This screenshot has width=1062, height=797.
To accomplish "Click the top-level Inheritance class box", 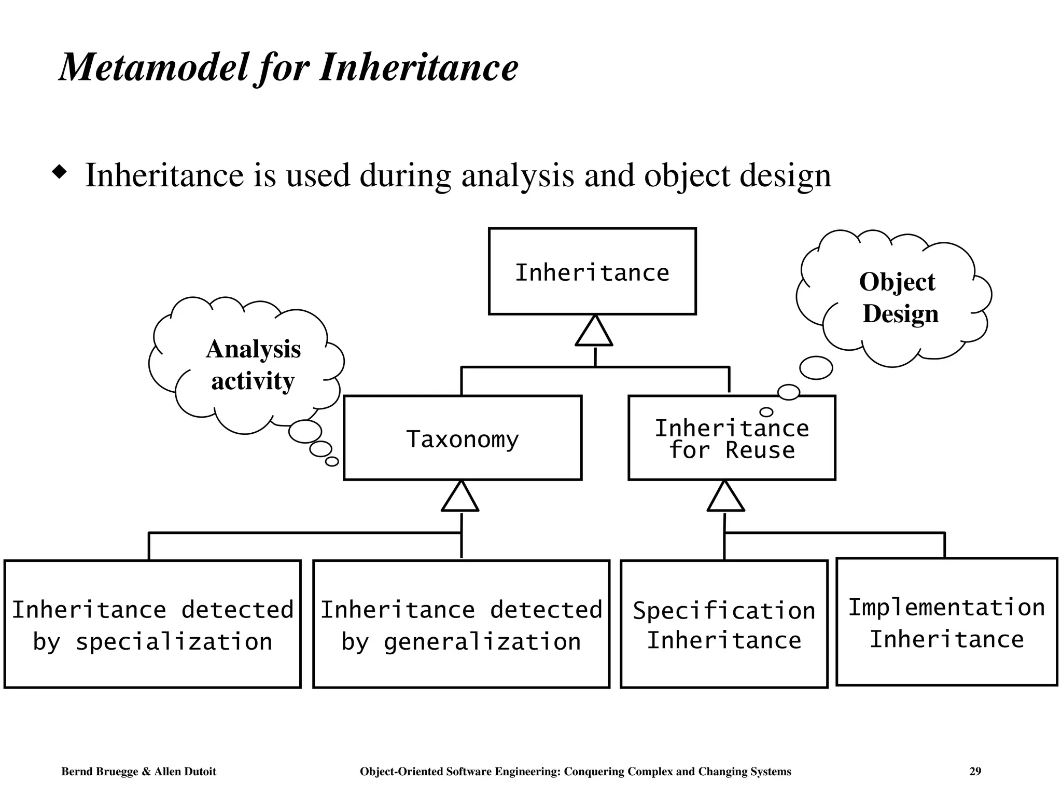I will coord(592,271).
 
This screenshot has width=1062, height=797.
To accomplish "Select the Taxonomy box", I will coord(462,438).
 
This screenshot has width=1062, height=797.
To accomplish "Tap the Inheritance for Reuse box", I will coord(731,439).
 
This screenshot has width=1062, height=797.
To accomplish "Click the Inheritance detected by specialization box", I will coord(152,624).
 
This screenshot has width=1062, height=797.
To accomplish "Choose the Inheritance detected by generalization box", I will coord(461,624).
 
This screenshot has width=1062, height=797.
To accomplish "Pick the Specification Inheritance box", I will coord(724,624).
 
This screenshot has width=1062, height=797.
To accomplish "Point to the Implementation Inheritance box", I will coord(946,622).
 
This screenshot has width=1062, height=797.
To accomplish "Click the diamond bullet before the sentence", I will coord(60,172).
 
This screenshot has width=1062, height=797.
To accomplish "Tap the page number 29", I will coord(975,772).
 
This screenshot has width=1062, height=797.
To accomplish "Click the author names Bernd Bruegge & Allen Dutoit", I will coord(138,772).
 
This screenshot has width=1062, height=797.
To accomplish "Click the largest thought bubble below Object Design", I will coord(816,368).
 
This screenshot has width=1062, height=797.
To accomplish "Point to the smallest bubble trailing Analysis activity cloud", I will coord(332,461).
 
